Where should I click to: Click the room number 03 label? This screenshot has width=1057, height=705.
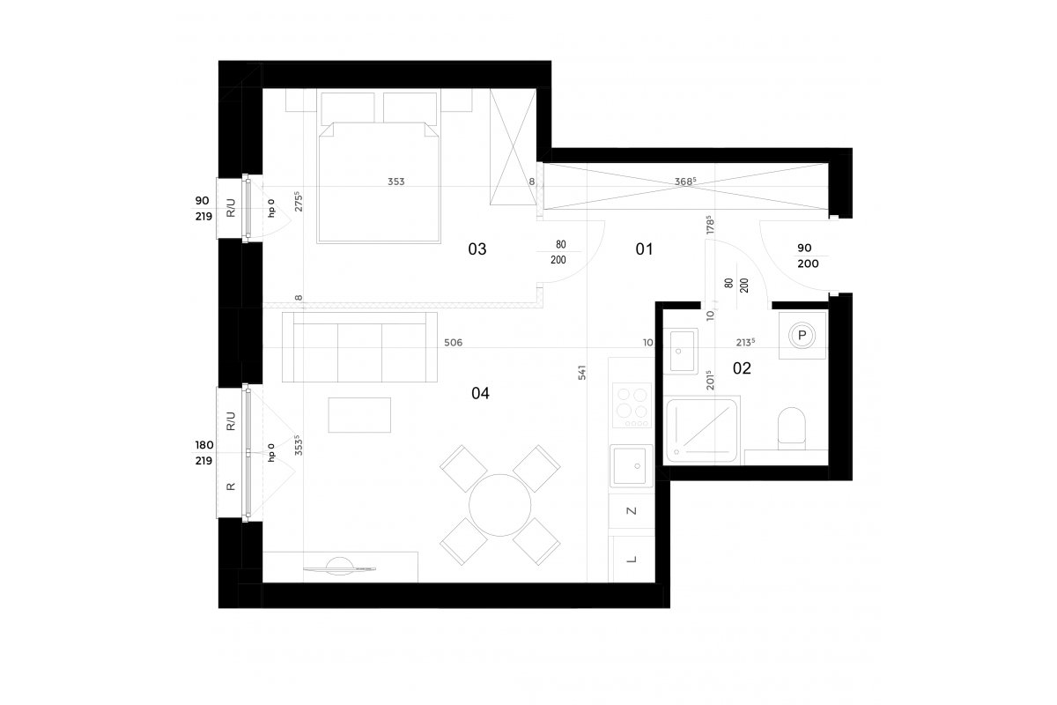[x=477, y=249]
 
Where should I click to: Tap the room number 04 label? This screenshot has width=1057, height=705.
[x=480, y=393]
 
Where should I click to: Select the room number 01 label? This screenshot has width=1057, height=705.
[x=644, y=249]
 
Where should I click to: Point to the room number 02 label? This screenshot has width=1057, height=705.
[x=742, y=367]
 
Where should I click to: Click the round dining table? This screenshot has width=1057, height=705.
[x=499, y=505]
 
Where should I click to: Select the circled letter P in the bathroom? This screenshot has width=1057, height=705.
[x=802, y=336]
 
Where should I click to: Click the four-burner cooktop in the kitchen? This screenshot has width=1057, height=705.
[x=632, y=405]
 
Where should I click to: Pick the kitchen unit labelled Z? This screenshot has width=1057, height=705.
[x=632, y=511]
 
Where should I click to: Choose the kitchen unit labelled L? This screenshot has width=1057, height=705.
[x=632, y=560]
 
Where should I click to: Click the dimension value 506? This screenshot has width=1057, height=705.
[x=453, y=342]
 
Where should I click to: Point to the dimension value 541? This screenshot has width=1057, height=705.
[x=582, y=373]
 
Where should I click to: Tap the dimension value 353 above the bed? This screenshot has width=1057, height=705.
[x=395, y=182]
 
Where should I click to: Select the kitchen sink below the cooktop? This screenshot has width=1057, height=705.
[x=632, y=466]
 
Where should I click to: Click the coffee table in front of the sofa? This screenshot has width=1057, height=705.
[x=359, y=415]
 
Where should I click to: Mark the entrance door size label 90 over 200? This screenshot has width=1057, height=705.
[x=808, y=256]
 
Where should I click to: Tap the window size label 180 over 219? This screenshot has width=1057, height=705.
[x=203, y=452]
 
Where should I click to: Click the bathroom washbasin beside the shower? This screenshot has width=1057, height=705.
[x=684, y=352]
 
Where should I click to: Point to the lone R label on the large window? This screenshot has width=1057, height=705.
[x=231, y=486]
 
